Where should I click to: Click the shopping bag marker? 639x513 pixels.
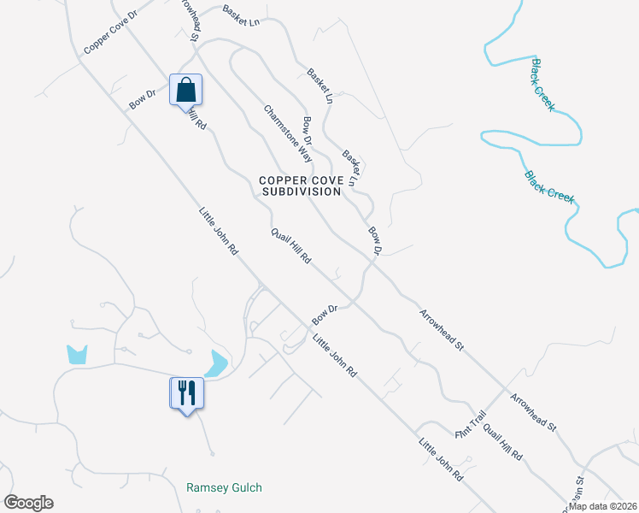point(186,89)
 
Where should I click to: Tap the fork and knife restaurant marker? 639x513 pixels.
point(186,393)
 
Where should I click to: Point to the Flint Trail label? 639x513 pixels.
point(470,424)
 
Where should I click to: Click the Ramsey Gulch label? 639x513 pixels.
point(224,487)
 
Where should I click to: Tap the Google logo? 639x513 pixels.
point(28,503)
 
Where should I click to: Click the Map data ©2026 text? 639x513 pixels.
point(603,506)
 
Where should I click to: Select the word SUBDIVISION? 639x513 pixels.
point(301,192)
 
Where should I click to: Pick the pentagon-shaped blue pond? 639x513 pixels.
point(77,353)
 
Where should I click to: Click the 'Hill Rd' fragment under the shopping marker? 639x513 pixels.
point(196,118)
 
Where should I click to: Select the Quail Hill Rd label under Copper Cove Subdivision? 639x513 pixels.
point(291,246)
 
